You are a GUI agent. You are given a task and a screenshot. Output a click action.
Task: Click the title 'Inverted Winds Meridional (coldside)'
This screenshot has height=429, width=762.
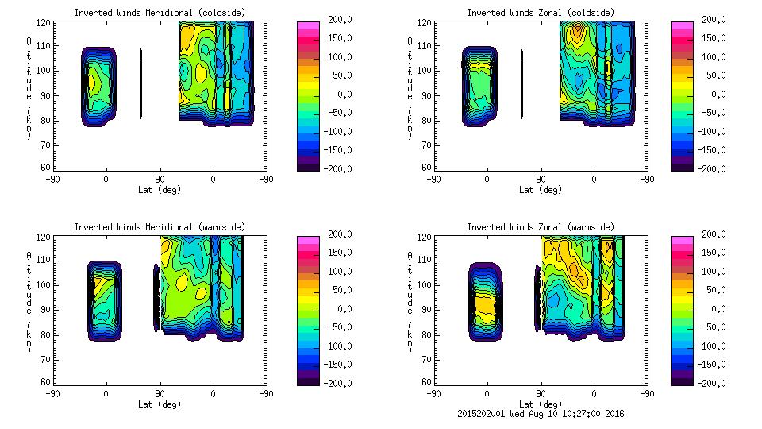tap(160, 13)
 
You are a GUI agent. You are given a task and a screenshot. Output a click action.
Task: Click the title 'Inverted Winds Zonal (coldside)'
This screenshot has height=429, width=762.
tap(541, 13)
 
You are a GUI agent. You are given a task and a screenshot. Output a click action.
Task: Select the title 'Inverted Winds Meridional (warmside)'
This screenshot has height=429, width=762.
tap(160, 227)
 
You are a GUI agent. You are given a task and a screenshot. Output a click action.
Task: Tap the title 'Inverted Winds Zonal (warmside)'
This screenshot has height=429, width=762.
tap(541, 227)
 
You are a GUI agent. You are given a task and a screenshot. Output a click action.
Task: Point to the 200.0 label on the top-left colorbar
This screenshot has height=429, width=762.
tap(335, 20)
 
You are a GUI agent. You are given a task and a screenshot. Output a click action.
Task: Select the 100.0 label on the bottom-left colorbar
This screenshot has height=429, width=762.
tap(335, 272)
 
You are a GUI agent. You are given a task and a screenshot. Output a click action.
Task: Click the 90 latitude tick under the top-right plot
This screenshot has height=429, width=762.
tap(541, 179)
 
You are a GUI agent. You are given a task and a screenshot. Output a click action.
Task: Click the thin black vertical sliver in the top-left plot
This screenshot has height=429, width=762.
tap(140, 83)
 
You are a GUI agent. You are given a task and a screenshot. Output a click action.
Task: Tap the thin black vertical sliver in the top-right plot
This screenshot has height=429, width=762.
tap(521, 83)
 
